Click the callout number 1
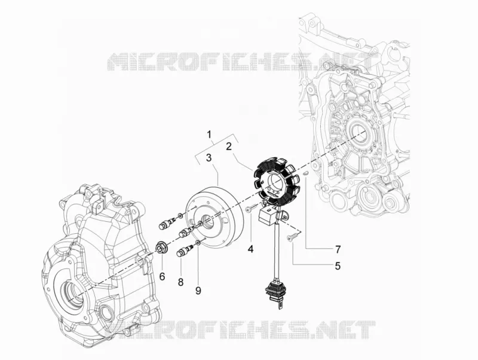click(209, 134)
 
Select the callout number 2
click(229, 147)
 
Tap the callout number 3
click(209, 158)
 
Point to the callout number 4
click(250, 249)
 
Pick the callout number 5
click(337, 266)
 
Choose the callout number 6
click(162, 276)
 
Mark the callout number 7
click(338, 249)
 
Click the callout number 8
click(181, 282)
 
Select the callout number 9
click(198, 291)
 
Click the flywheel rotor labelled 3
click(215, 216)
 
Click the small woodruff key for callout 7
click(307, 173)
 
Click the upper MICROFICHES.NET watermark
click(240, 62)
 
